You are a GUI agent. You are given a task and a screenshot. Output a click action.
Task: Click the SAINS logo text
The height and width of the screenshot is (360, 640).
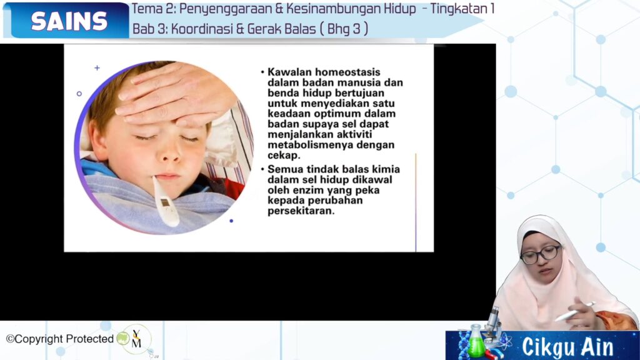point(69,21)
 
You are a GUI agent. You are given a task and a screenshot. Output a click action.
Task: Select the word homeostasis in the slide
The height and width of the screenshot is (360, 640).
point(347,72)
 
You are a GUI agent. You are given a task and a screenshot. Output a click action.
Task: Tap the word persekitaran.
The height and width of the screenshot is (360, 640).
point(301,211)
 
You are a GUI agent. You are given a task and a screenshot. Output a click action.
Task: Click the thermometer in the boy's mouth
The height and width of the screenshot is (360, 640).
point(165,201)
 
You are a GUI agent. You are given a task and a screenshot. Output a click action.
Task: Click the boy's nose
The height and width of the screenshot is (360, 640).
point(169,154)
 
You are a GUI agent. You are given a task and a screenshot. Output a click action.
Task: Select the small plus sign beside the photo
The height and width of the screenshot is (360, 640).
point(97,67)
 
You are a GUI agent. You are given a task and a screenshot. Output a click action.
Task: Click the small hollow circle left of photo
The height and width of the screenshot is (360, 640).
point(79,94)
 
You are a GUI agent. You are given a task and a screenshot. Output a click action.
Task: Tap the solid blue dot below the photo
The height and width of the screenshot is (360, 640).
point(231,221)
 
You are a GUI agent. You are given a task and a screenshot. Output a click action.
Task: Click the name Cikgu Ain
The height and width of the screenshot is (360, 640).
point(567,347)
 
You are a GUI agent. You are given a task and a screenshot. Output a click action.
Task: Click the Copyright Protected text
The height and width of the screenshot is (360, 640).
point(60,339)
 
